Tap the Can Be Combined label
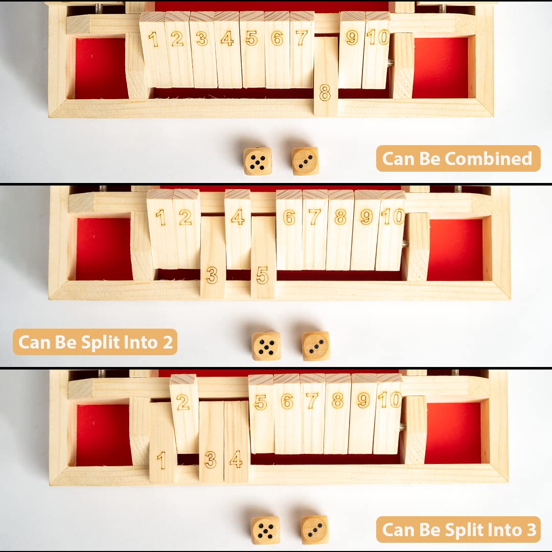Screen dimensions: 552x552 tap(457, 158)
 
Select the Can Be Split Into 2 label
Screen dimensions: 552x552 tap(96, 342)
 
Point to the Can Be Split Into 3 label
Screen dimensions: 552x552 tap(458, 530)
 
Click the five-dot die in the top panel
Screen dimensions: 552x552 tap(257, 161)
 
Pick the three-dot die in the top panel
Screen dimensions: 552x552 tap(305, 161)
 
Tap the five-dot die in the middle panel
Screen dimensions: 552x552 tap(266, 346)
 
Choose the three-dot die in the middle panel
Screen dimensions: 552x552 tap(315, 346)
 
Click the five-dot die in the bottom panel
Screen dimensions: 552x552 tap(265, 530)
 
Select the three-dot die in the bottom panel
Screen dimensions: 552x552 tap(314, 530)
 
